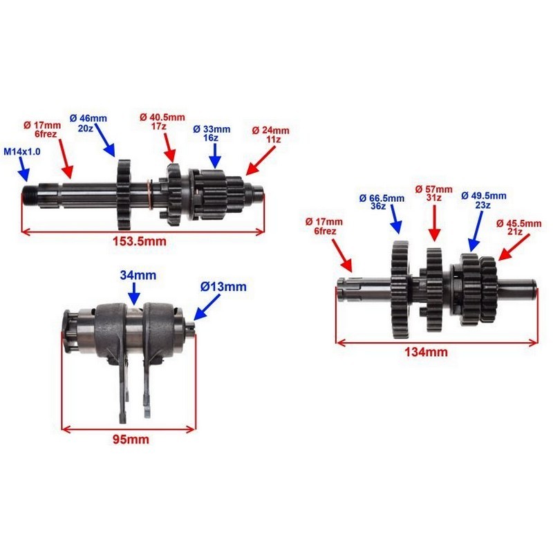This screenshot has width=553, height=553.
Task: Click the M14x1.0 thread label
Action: tap(22, 151)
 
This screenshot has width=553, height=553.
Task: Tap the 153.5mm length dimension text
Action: tap(140, 241)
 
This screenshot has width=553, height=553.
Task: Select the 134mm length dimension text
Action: tap(426, 352)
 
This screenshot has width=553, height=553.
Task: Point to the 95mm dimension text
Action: tap(131, 440)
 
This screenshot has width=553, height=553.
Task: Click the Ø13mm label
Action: tap(223, 287)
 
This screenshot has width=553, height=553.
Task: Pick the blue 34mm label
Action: tap(138, 275)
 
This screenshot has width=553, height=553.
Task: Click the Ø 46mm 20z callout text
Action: tap(88, 123)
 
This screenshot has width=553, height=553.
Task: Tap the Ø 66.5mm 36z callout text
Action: tap(382, 202)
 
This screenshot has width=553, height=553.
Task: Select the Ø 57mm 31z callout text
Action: tap(434, 194)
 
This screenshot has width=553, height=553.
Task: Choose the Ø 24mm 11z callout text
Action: tap(271, 135)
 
